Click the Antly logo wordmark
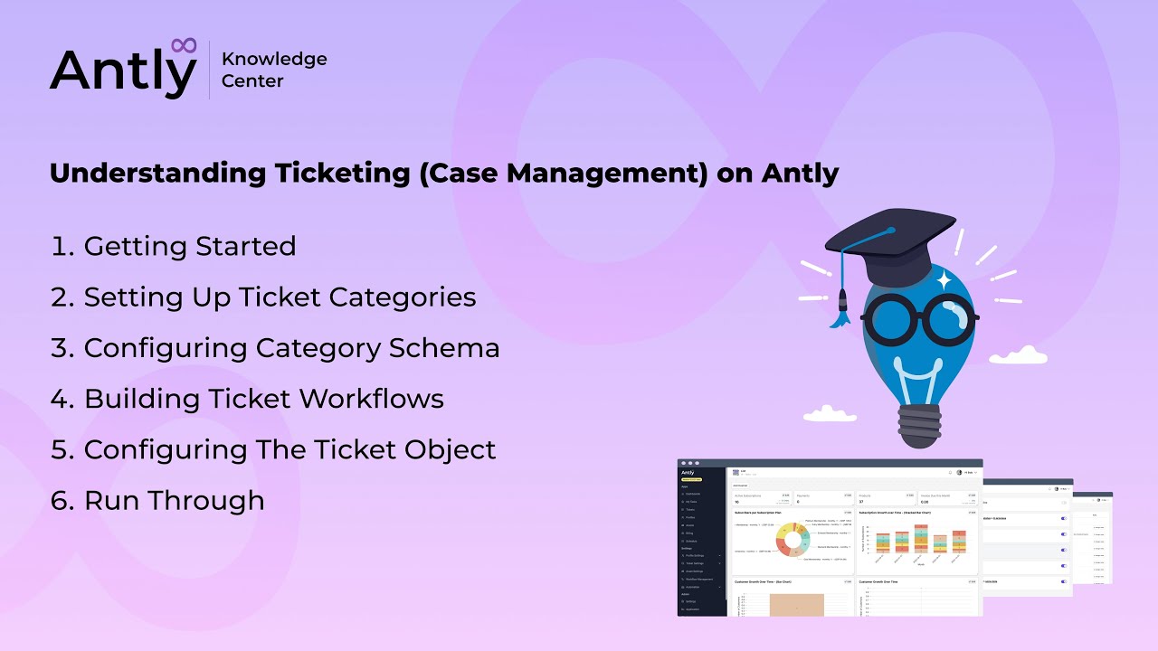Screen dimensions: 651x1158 point(122,71)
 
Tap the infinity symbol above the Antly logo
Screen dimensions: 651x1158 point(184,44)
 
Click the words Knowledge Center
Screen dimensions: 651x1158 point(274,70)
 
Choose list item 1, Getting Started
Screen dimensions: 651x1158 point(174,246)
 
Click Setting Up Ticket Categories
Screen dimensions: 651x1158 point(263,297)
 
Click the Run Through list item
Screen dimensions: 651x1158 point(158,500)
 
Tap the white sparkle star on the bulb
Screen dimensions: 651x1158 point(944,280)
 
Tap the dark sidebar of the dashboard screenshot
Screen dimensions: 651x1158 point(702,542)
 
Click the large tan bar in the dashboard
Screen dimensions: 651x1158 point(797,604)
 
